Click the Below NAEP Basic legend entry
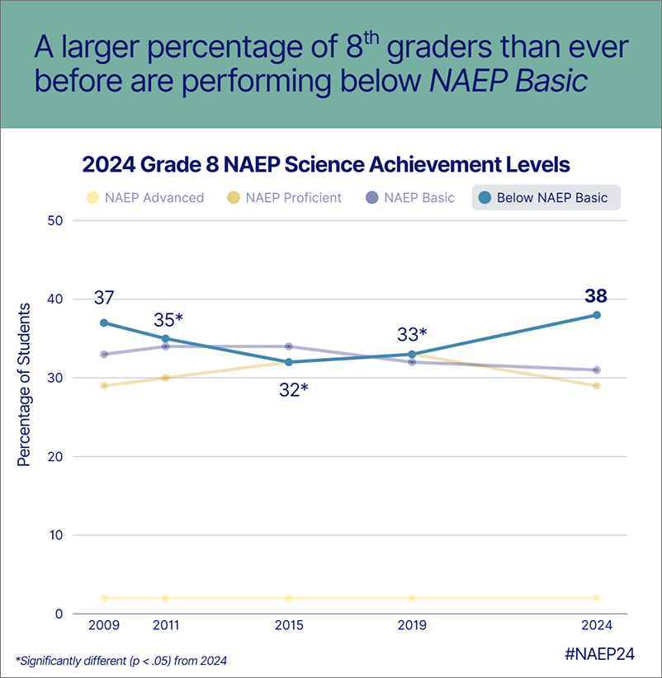coord(546,198)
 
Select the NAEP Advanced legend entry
coord(145,198)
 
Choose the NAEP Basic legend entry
coord(410,198)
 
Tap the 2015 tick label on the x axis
coord(288,625)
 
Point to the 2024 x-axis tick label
coord(596,625)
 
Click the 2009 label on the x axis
coord(104,625)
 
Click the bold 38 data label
coord(596,296)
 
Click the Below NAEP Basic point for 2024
coord(596,315)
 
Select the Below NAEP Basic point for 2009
coord(104,323)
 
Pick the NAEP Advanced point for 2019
coord(412,598)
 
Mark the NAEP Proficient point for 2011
coord(166,378)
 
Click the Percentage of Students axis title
coord(24,384)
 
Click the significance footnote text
coord(121,660)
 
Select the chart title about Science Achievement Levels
coord(326,165)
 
